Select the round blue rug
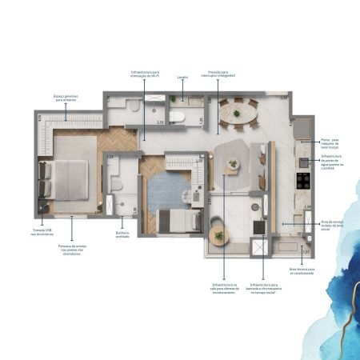point(167,190)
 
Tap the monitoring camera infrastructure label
point(223,288)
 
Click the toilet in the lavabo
point(181,117)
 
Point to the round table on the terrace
point(220,236)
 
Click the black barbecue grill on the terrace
point(259,227)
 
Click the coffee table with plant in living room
point(232,165)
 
